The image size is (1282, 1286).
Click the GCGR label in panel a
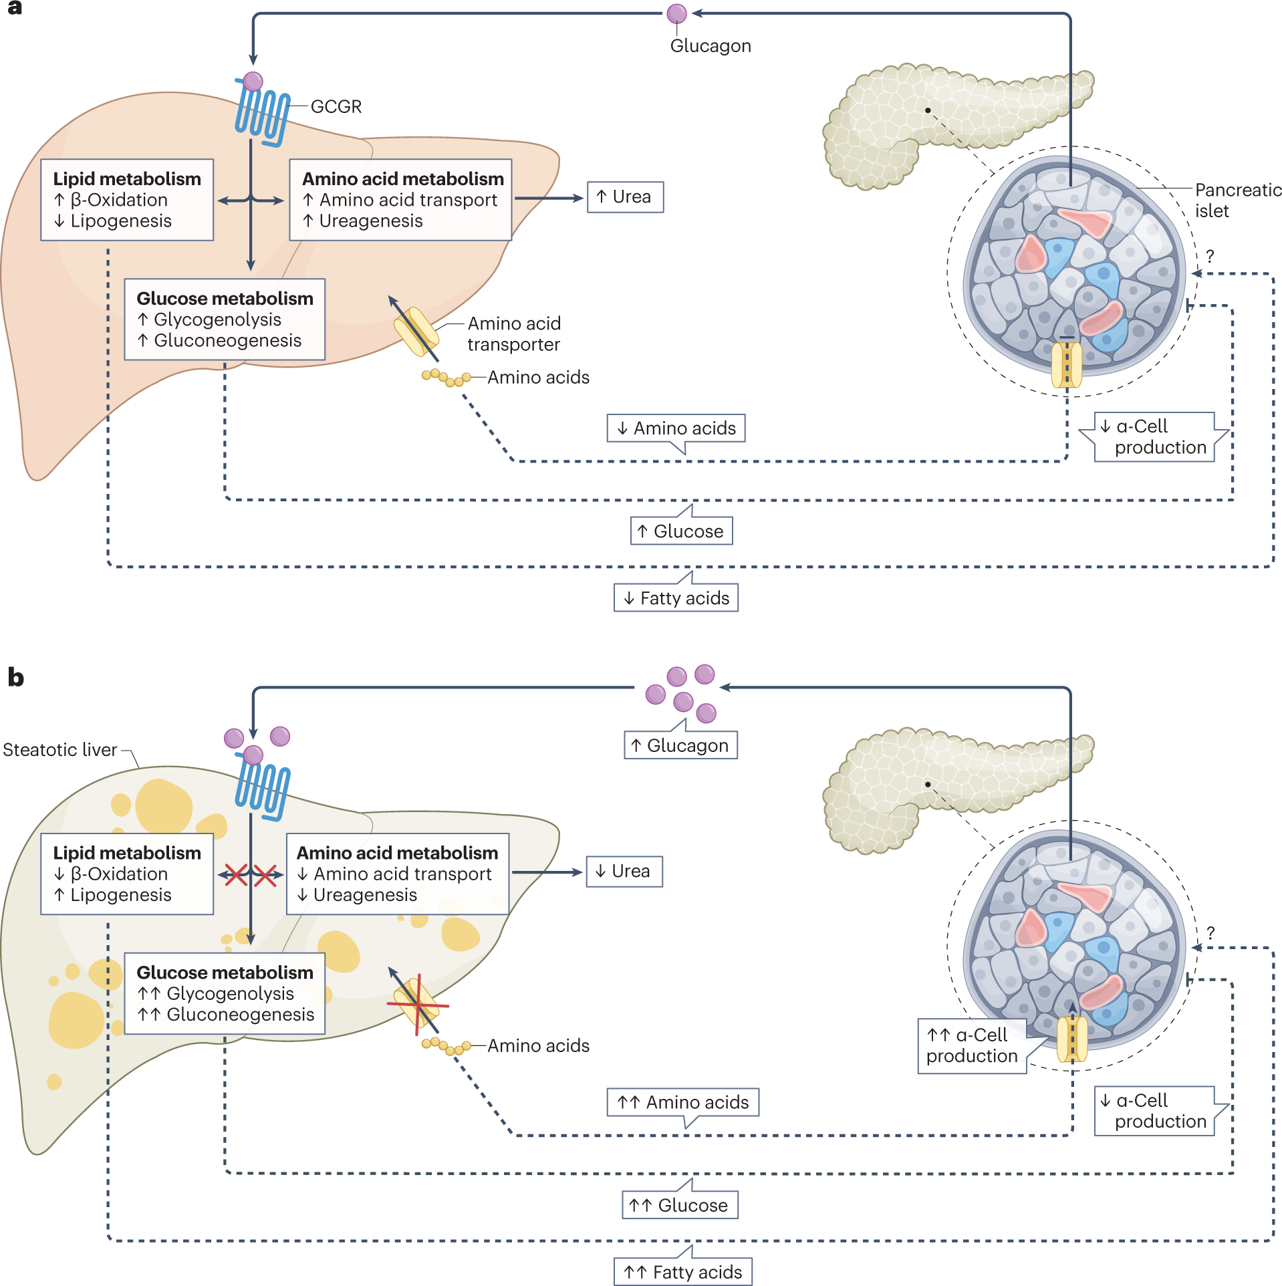pos(336,107)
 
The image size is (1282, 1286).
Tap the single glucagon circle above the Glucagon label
pos(676,13)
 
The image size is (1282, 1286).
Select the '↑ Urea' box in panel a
pos(625,197)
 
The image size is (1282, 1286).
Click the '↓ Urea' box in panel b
pos(624,872)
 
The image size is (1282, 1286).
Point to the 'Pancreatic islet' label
pos(1237,201)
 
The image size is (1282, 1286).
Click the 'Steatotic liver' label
pos(60,750)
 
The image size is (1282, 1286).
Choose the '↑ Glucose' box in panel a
pos(681,531)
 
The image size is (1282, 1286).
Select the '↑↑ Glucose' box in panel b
pos(680,1205)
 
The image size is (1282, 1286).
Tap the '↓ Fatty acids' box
pos(676,598)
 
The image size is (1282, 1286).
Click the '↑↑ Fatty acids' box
pos(682,1272)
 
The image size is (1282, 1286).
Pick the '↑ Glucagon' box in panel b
pos(680,745)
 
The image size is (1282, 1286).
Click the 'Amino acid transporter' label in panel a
pos(513,334)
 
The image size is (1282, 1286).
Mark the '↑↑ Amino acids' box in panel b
pos(682,1102)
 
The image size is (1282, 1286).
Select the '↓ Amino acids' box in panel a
pos(676,428)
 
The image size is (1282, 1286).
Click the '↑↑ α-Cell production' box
pos(972,1046)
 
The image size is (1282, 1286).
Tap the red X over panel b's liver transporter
pos(418,1004)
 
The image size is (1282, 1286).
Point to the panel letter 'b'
pos(15,678)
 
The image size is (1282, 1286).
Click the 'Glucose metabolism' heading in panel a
pos(225,299)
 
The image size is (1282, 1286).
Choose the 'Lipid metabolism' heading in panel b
pos(127,854)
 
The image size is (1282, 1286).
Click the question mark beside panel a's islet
pos(1209,256)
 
